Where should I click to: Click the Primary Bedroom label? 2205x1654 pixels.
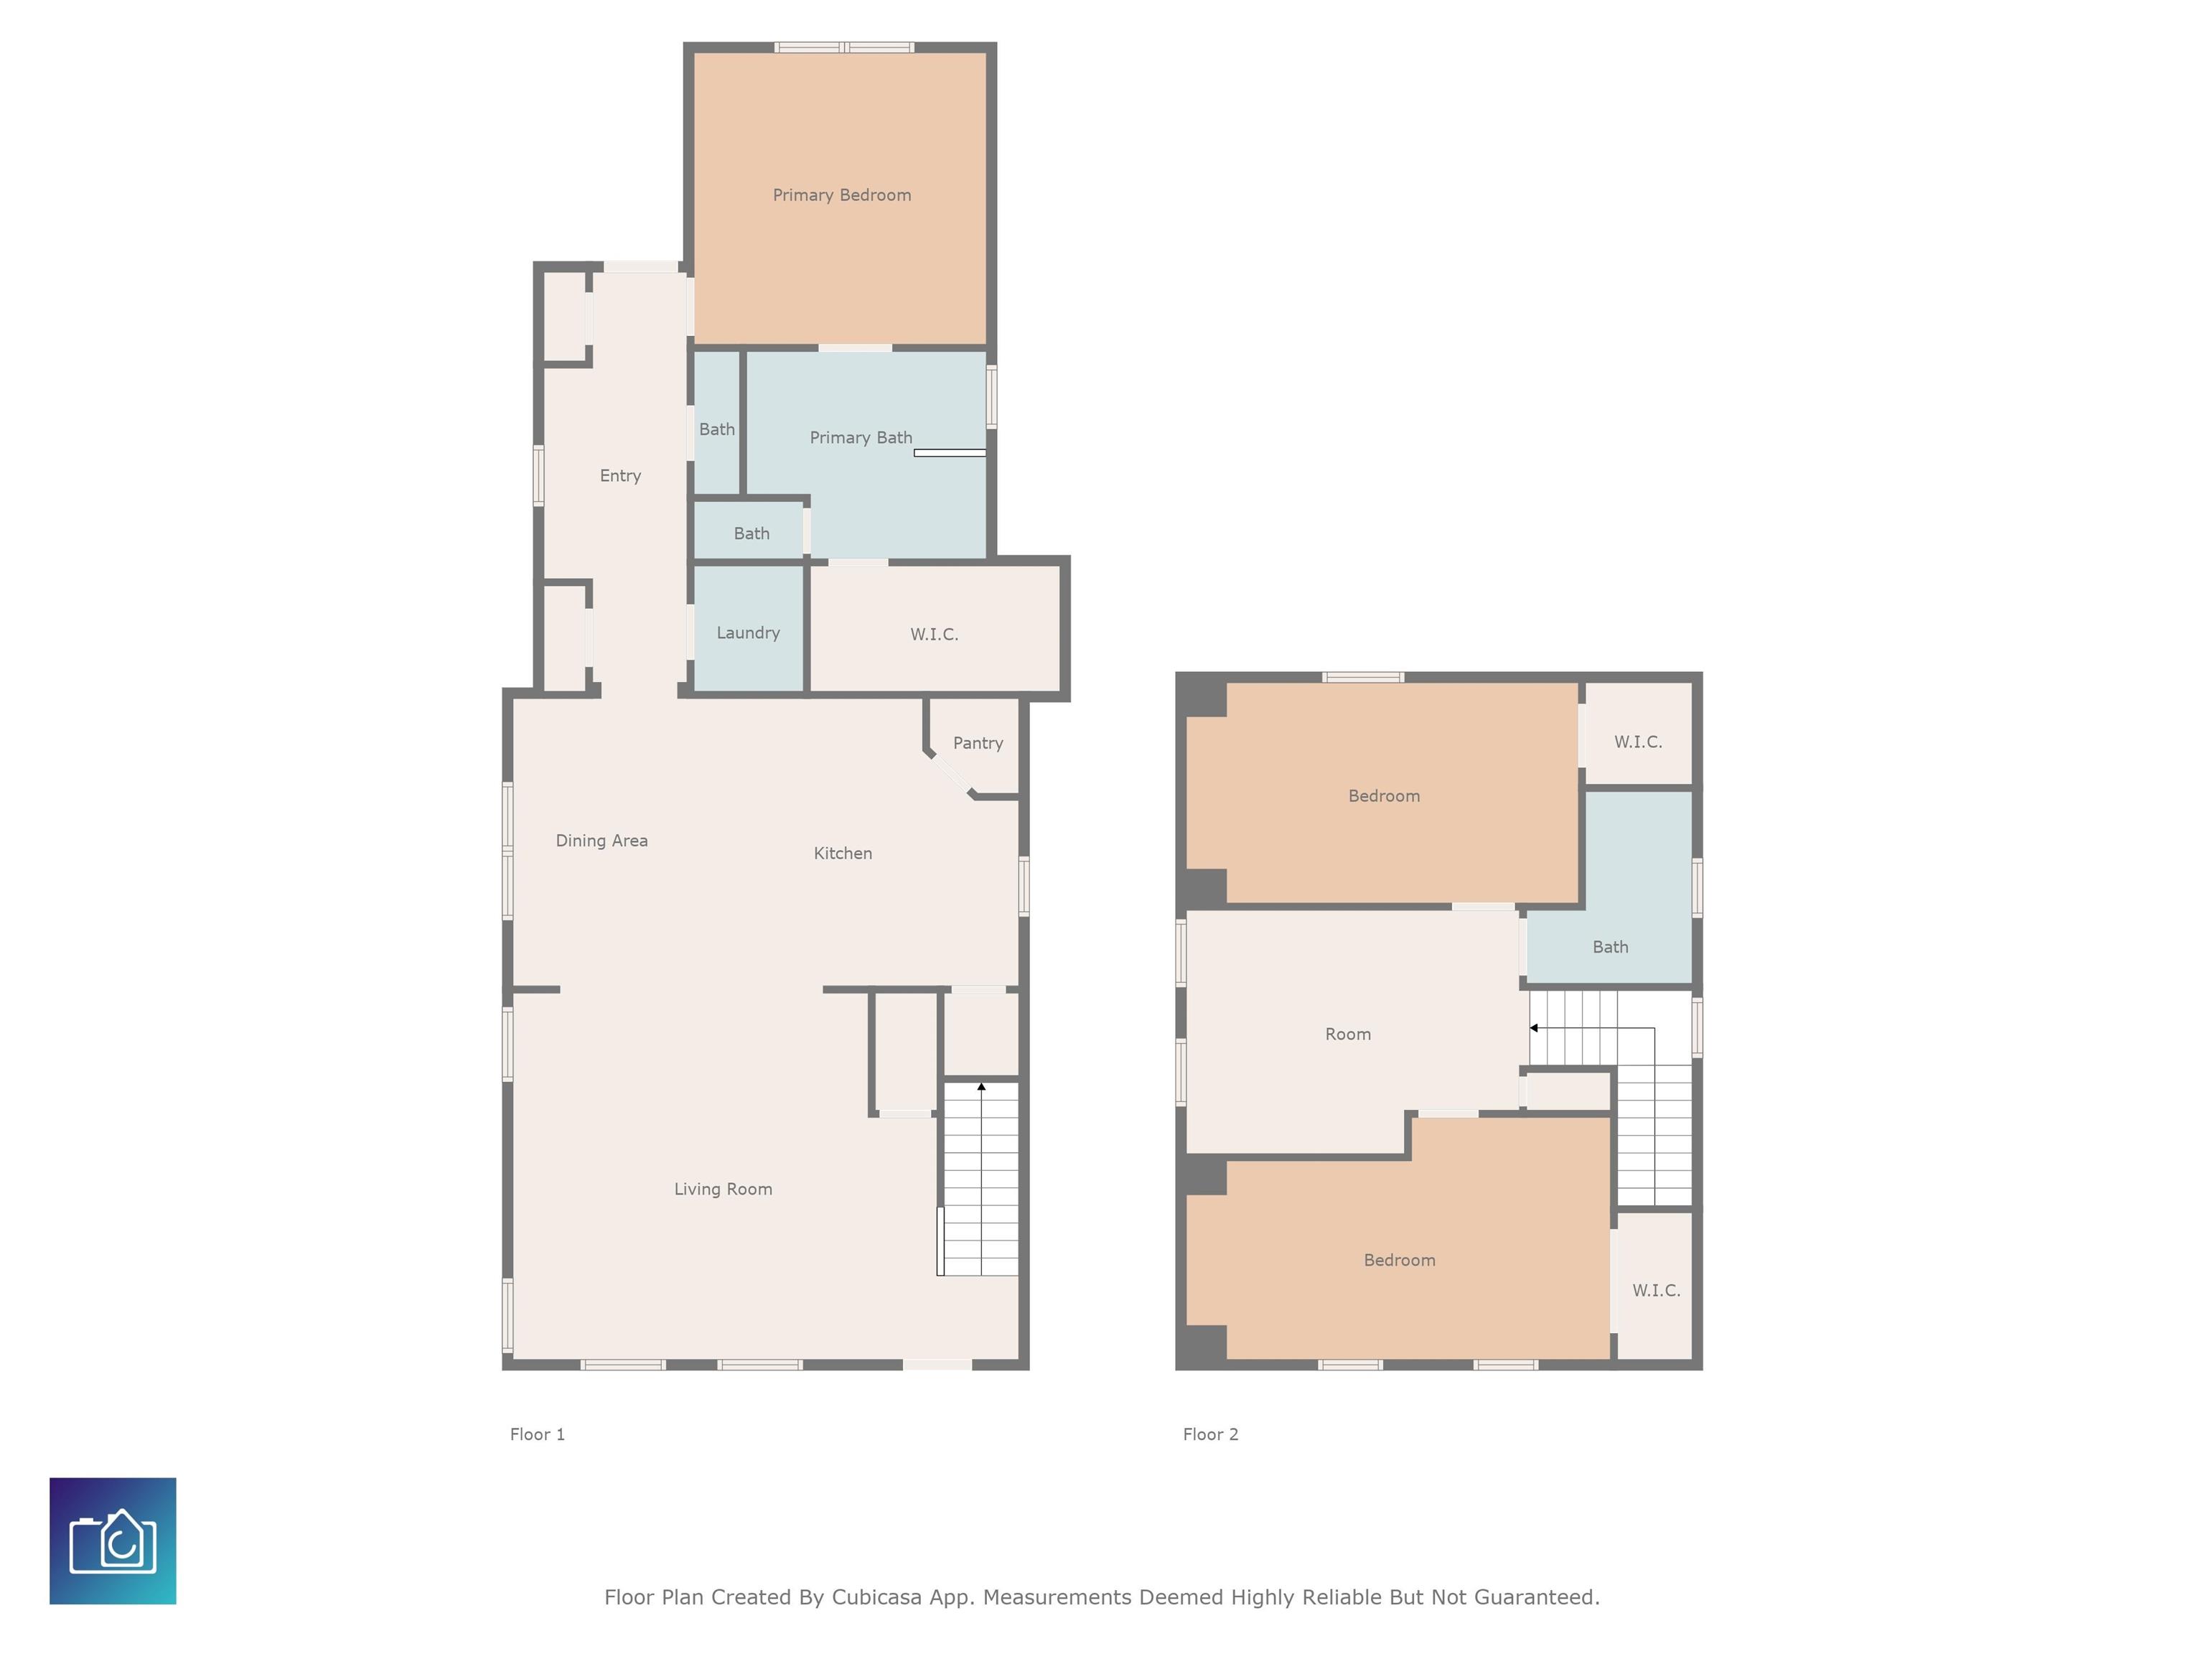(841, 195)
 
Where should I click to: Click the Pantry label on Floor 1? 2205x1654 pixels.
(977, 743)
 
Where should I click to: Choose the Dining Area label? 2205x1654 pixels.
(601, 841)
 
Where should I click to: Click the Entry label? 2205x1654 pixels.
(620, 475)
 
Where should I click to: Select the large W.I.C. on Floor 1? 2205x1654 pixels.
(934, 634)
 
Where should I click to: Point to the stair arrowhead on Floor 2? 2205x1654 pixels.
(1534, 1028)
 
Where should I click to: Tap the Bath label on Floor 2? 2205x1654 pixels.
(1610, 947)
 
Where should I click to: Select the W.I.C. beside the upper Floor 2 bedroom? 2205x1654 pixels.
(1638, 742)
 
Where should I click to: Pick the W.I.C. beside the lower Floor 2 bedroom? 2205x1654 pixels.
(1656, 1290)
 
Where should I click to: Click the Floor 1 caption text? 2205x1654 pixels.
(538, 1434)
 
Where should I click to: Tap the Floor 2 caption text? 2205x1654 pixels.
(1210, 1434)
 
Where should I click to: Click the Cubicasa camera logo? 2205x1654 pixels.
(113, 1541)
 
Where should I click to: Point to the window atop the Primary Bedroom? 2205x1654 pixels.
(844, 47)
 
